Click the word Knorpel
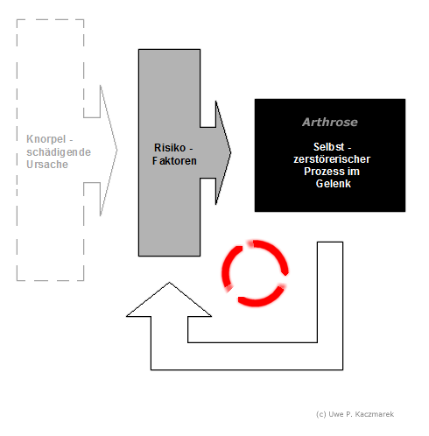coord(46,139)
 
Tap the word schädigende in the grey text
coord(59,152)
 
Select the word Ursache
coord(47,165)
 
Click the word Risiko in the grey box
coord(170,148)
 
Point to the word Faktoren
coord(174,161)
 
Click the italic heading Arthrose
coord(330,122)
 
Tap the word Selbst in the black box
coord(328,147)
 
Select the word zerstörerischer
coord(332,159)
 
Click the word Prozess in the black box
coord(323,172)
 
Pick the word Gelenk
coord(334,184)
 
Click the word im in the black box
coord(353,172)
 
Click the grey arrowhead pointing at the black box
coord(223,152)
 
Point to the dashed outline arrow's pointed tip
coord(117,151)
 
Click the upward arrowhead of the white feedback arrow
coord(169,299)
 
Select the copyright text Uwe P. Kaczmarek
coord(362,414)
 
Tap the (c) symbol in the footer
coord(321,415)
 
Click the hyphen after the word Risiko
coord(191,149)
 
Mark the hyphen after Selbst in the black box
coord(349,148)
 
